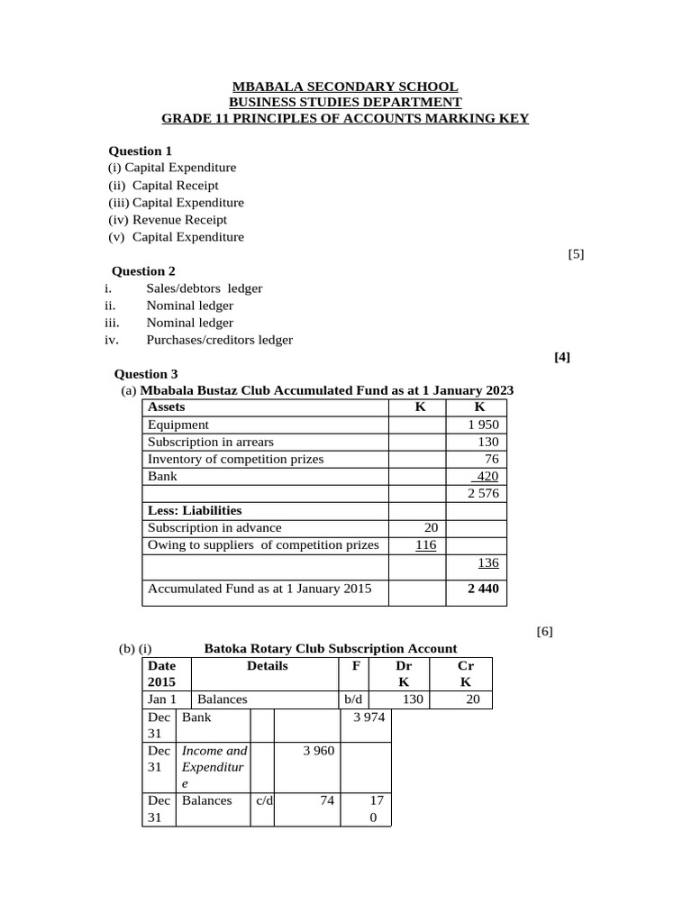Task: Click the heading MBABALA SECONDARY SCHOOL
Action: [345, 87]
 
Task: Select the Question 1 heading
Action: [140, 151]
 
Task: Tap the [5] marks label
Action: [576, 254]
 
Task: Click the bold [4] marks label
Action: [562, 357]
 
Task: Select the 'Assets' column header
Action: [167, 407]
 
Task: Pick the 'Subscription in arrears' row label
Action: [211, 442]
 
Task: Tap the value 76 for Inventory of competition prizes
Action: [491, 459]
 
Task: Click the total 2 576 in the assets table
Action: [483, 494]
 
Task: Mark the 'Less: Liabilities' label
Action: [195, 510]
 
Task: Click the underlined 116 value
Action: [425, 544]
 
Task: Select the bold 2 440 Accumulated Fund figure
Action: [484, 589]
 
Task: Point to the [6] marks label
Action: [544, 631]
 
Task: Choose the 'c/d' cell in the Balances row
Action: [263, 800]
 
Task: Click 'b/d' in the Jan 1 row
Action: [352, 699]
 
